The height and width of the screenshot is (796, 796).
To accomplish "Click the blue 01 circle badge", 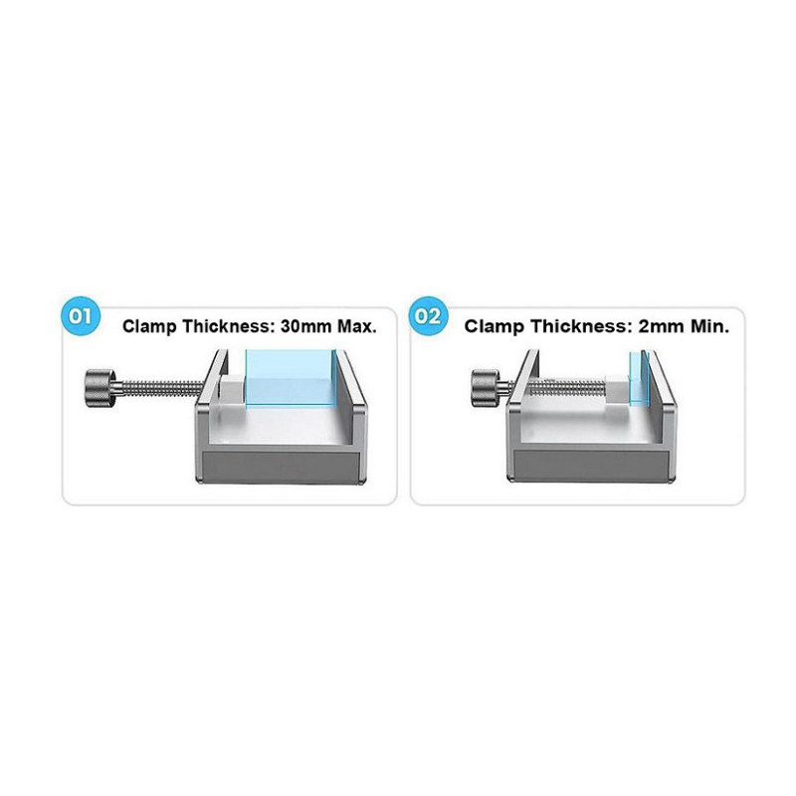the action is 80,316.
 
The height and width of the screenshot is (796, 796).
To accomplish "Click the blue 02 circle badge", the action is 428,316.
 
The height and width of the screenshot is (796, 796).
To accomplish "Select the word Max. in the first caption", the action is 357,326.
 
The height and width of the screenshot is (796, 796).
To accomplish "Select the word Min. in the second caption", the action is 709,326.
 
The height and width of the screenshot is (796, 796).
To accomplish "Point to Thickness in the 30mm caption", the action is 229,326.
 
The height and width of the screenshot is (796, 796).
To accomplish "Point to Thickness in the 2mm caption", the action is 579,326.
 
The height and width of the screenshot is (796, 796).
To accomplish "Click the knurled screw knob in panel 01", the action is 100,388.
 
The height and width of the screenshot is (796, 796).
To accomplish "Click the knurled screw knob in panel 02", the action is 486,388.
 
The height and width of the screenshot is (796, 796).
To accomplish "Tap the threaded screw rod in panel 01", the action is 161,388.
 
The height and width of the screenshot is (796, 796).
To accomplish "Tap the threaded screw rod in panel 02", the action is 567,389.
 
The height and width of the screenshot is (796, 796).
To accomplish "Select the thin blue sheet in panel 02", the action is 640,378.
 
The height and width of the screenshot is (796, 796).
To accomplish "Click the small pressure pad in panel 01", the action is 232,390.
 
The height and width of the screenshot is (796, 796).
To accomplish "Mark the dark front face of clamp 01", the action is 282,466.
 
